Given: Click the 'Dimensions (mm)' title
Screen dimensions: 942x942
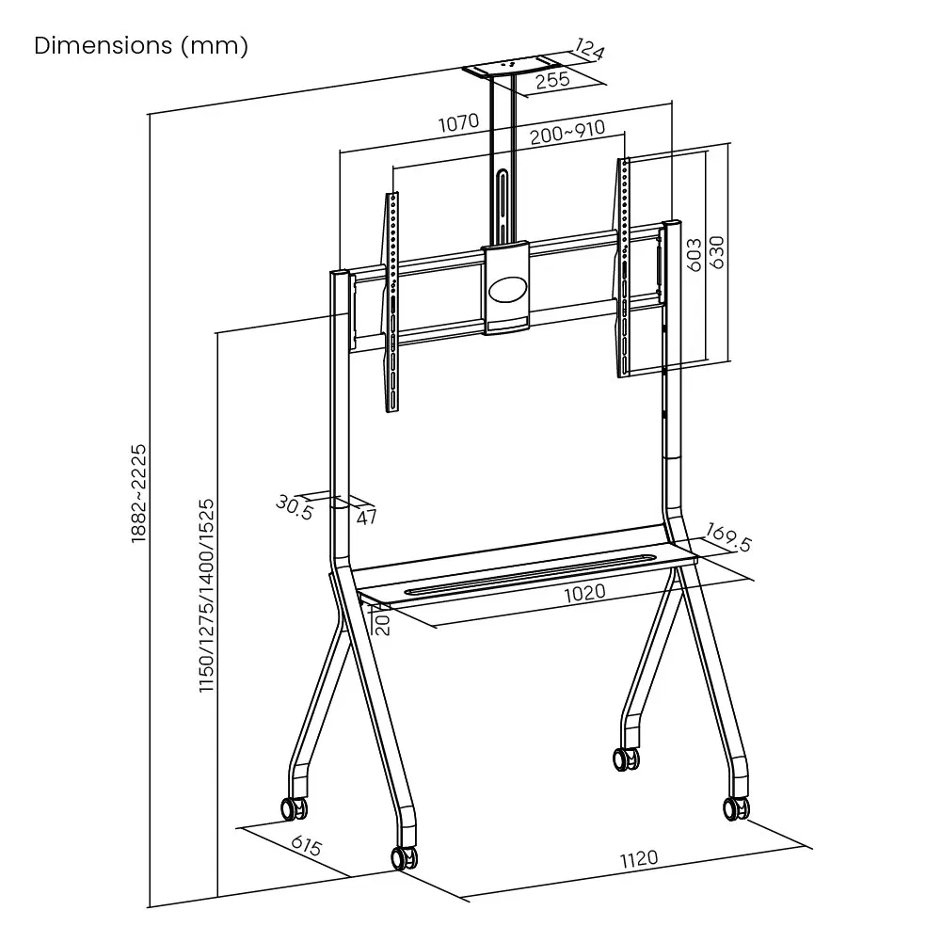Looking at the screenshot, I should coord(141,46).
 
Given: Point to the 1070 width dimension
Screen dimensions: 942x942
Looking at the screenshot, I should coord(458,121).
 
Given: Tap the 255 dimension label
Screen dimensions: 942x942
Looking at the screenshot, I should coord(552,79).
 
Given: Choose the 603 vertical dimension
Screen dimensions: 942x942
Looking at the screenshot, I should coord(693,255).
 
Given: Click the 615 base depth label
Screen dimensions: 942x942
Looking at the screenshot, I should coord(306,846).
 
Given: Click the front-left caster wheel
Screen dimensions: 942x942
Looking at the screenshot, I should coord(404,857).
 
